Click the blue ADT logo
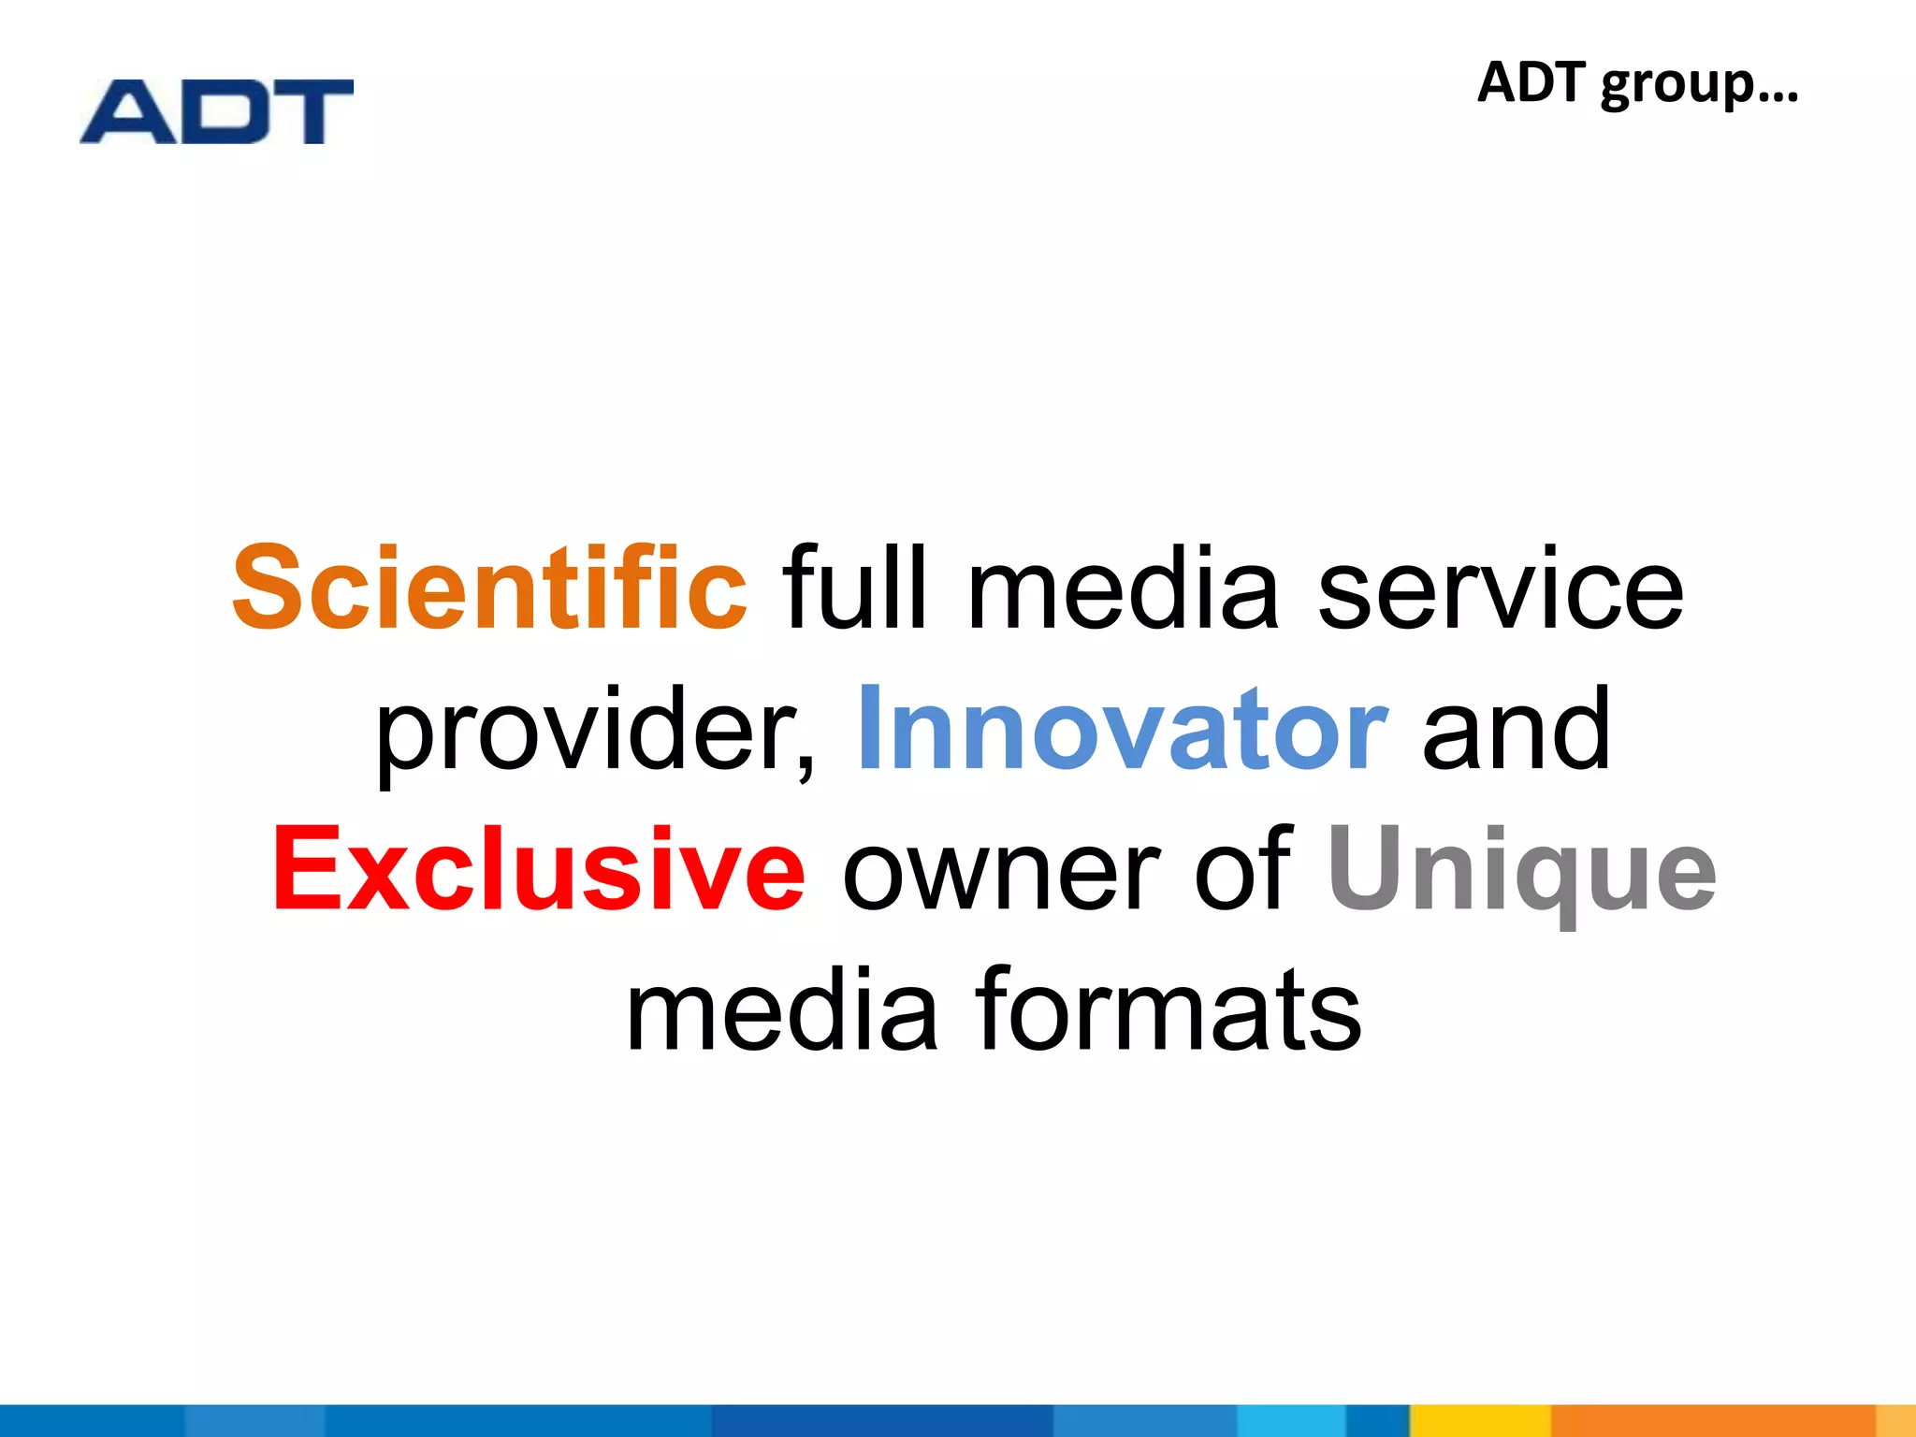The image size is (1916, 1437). pos(216,112)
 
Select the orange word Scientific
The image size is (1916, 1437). pos(490,589)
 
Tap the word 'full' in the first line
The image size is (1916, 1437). pos(855,589)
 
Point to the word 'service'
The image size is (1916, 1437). pos(1501,589)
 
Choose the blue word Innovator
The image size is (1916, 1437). pos(1122,730)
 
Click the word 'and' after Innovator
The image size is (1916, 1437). pos(1517,730)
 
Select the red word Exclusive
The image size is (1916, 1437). pos(539,870)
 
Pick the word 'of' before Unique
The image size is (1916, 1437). pos(1243,870)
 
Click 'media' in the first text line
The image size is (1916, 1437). pos(1123,589)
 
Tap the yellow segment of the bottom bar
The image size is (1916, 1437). pos(1480,1420)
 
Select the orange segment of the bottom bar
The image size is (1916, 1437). pos(1712,1420)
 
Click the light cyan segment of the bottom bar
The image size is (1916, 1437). pos(1291,1420)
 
